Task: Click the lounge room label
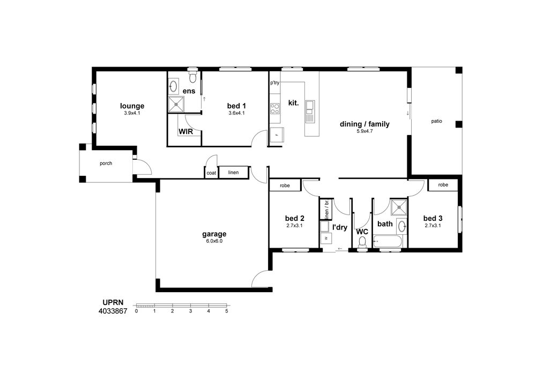point(132,106)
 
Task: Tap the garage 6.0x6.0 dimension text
point(214,241)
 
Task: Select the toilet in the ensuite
point(193,76)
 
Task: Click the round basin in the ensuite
point(174,86)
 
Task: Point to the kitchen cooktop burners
point(275,109)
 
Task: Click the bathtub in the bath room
point(388,242)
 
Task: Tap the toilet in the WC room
point(362,242)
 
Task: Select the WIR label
point(185,131)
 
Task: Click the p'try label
point(274,83)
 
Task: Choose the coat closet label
point(211,173)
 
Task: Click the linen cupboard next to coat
point(233,172)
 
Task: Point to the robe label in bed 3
point(443,185)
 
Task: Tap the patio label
point(436,121)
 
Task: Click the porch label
point(106,164)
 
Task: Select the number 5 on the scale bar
point(227,311)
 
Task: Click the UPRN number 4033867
point(113,311)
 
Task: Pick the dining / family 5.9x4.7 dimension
point(364,131)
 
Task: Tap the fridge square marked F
point(277,135)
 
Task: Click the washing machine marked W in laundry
point(326,237)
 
